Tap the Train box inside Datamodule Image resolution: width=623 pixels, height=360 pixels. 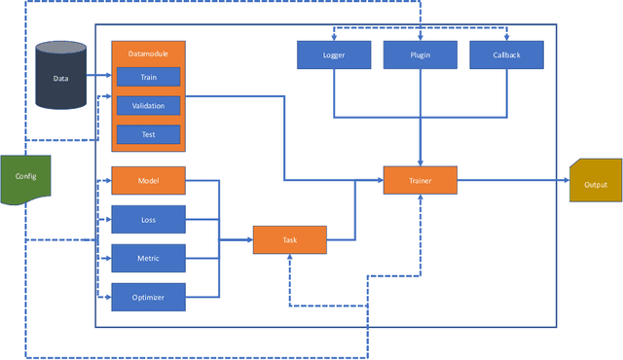pos(148,76)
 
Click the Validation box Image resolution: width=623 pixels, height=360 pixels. pos(148,105)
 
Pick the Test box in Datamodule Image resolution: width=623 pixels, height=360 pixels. pos(148,134)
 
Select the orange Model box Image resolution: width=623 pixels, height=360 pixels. pos(148,181)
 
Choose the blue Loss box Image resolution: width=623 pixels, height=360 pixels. pos(148,220)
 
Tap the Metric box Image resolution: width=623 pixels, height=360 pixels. pos(148,258)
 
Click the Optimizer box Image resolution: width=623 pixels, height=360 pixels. pos(148,297)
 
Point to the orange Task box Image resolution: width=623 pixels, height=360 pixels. pos(289,239)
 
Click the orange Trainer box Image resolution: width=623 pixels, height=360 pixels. pos(420,180)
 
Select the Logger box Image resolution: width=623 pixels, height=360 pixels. pos(334,54)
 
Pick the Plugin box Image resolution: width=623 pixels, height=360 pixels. pos(420,54)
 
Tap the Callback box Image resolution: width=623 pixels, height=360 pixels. pos(506,54)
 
